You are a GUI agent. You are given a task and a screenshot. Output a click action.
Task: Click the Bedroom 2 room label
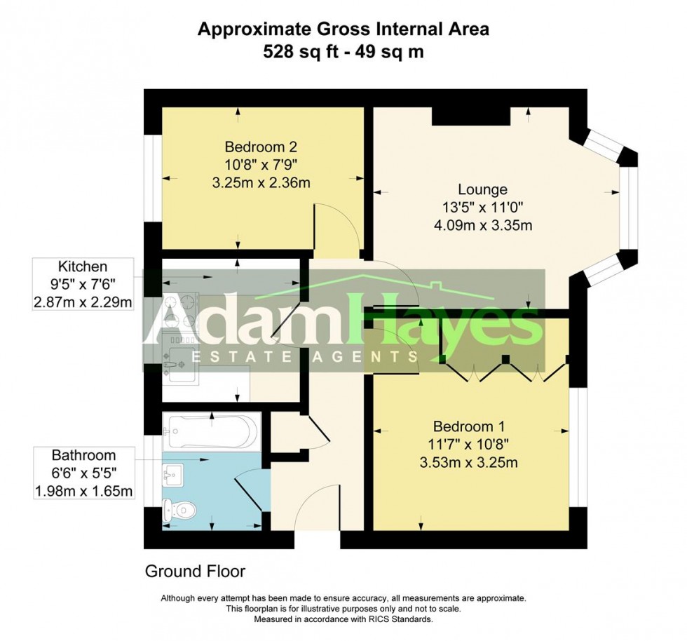click(x=261, y=147)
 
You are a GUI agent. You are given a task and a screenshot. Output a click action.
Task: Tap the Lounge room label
click(x=482, y=189)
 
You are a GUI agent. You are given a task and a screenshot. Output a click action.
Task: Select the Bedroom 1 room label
click(x=469, y=426)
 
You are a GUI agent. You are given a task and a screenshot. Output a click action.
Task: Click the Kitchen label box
click(x=83, y=266)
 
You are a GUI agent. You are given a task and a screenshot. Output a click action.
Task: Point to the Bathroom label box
click(x=83, y=455)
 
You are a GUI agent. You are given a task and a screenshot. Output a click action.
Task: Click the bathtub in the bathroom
click(x=211, y=431)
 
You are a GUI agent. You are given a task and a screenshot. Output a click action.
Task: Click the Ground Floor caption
click(x=195, y=571)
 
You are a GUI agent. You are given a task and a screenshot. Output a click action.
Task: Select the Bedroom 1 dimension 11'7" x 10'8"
click(x=469, y=444)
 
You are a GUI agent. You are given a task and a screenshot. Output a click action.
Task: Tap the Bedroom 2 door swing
click(x=336, y=228)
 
